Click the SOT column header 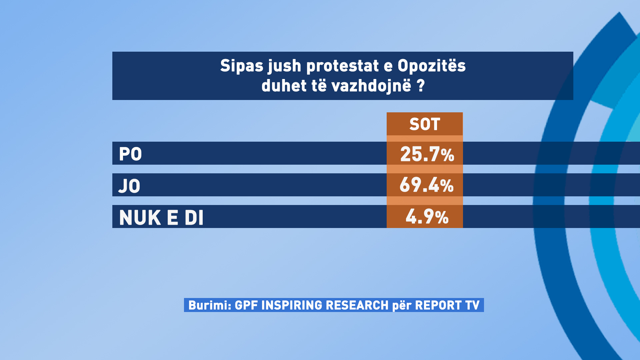(x=425, y=124)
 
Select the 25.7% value (x=427, y=154)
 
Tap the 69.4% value (x=426, y=185)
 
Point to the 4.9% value (x=427, y=217)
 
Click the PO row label (x=130, y=154)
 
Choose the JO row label (x=129, y=186)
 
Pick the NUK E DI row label (x=161, y=218)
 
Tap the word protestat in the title (x=343, y=66)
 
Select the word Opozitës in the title (x=432, y=66)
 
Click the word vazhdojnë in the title (x=371, y=86)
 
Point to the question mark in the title (x=421, y=86)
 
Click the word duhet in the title (x=284, y=86)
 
